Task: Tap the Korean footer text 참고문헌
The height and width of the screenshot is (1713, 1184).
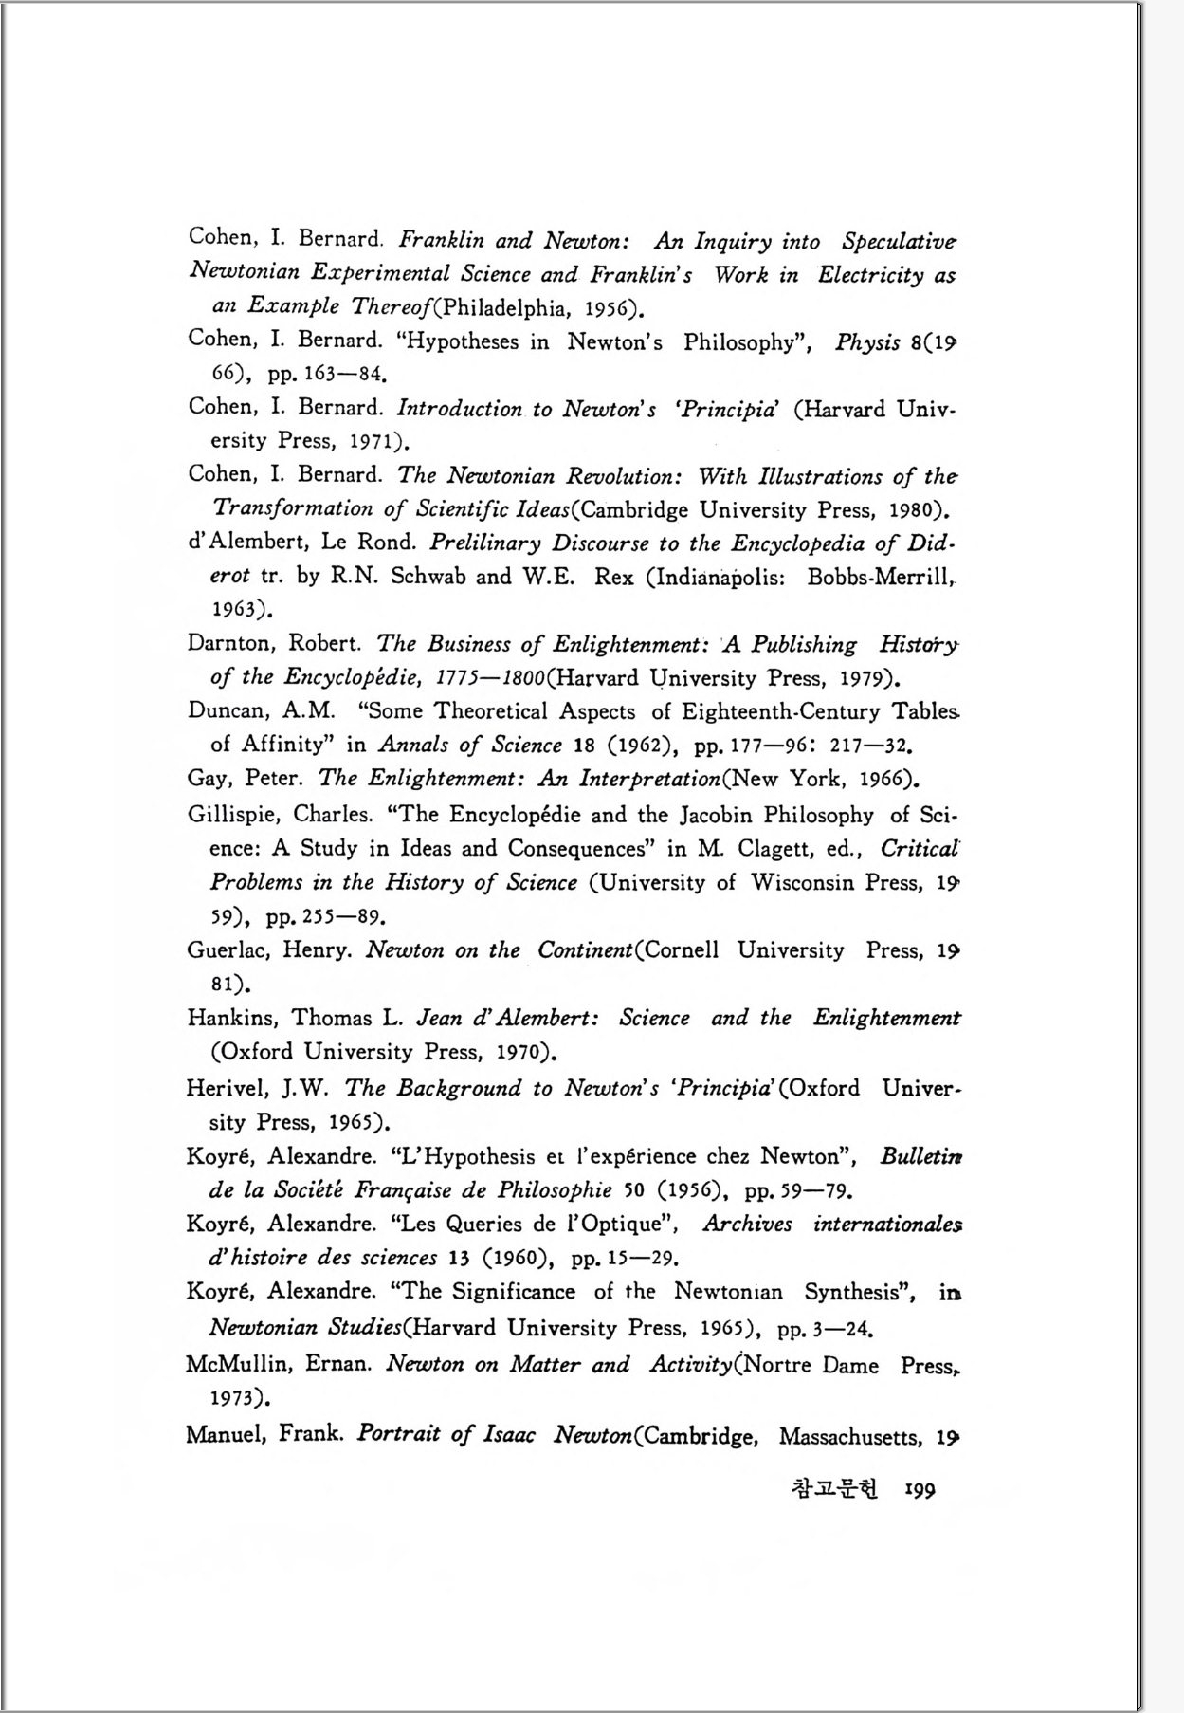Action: (834, 1487)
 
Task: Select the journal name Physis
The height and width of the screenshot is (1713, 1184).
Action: (866, 342)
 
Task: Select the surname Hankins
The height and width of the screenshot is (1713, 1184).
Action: (232, 1018)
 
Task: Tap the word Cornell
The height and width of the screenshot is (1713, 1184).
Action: (682, 950)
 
